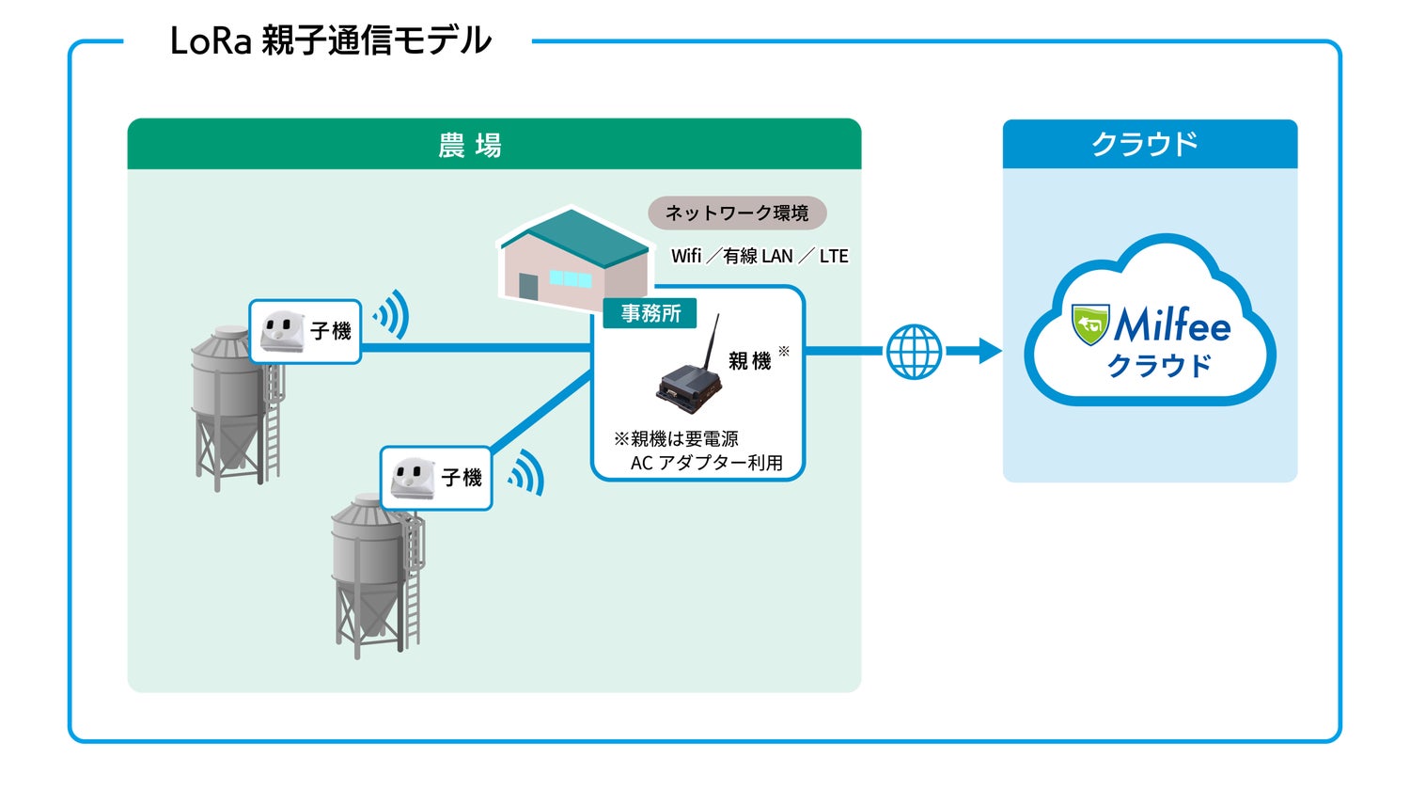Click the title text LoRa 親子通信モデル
330,41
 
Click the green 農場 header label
470,146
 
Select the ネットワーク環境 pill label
737,213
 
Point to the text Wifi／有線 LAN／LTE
760,256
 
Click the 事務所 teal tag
650,313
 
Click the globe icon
914,352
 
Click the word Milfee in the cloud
1172,326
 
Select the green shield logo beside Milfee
1090,324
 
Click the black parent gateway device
691,387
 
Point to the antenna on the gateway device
713,342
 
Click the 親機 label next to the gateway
749,361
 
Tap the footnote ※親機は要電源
676,439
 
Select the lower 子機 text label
462,478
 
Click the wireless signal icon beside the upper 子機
392,314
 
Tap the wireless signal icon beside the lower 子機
527,472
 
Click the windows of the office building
570,278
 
